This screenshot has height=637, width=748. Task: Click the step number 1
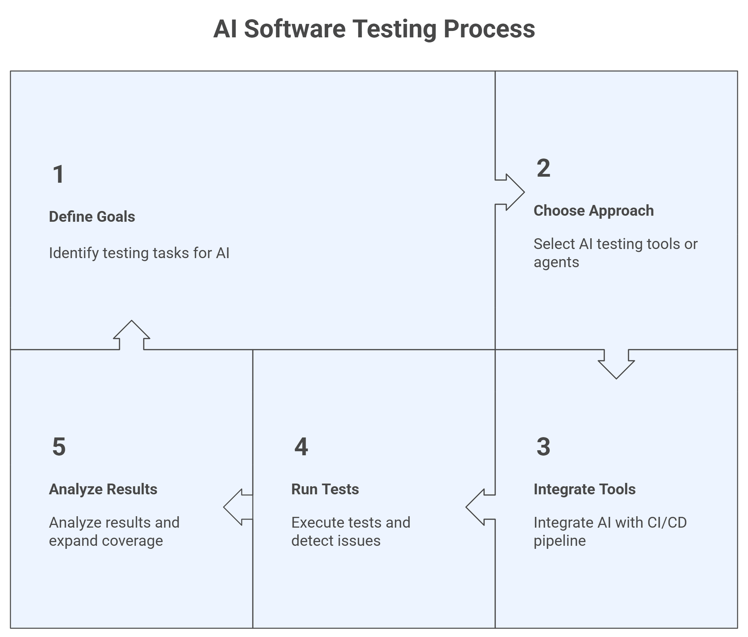coord(59,175)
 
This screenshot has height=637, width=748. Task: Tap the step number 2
coord(543,168)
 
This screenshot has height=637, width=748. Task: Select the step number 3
coord(543,447)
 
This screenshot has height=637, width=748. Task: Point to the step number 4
coord(301,447)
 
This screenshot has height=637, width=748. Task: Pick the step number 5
coord(59,447)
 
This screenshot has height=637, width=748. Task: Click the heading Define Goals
coord(92,217)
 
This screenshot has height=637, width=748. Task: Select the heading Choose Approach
coord(593,211)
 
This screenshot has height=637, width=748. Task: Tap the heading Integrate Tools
coord(584,489)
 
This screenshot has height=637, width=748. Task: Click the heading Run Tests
coord(325,489)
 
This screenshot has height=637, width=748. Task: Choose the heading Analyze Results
coord(103,489)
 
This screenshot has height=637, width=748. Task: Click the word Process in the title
coord(489,29)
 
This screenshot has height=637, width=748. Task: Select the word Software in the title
coord(295,29)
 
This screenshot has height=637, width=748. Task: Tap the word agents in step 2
coord(556,262)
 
